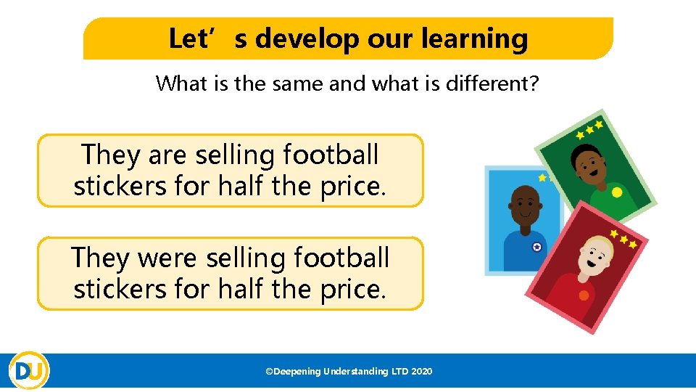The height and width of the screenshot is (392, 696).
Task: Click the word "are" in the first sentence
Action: pyautogui.click(x=167, y=155)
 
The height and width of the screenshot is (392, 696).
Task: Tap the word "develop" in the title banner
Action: pyautogui.click(x=307, y=38)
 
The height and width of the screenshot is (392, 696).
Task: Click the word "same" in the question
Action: pyautogui.click(x=297, y=83)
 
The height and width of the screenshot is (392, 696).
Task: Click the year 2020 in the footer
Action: pyautogui.click(x=421, y=372)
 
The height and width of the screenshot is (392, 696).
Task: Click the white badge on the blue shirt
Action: pyautogui.click(x=537, y=247)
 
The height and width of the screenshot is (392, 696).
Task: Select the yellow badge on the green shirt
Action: pyautogui.click(x=616, y=193)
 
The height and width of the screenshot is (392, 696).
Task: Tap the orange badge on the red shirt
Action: pyautogui.click(x=584, y=295)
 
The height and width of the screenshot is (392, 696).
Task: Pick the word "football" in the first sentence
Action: pyautogui.click(x=331, y=155)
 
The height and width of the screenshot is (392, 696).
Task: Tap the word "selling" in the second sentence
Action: pyautogui.click(x=250, y=258)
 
